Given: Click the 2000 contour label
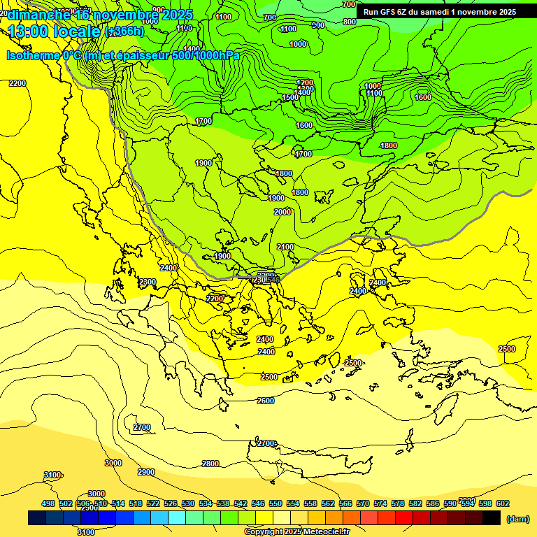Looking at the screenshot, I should [x=282, y=212].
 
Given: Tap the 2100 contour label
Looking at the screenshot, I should [x=285, y=247].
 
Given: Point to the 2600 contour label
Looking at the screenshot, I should [x=266, y=401].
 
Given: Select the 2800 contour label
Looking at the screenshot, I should [x=210, y=464].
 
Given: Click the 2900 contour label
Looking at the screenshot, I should [x=145, y=472].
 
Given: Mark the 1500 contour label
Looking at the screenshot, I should [x=290, y=97].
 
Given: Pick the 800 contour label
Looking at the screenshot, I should [x=350, y=22].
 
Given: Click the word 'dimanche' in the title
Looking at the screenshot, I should [x=36, y=15].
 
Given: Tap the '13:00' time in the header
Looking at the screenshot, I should [x=28, y=31].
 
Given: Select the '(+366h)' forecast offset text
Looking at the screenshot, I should [x=124, y=31].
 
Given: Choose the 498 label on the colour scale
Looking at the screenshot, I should [x=48, y=503].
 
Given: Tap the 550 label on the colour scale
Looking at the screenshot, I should [x=275, y=503].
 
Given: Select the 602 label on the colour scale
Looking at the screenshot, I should [x=503, y=503].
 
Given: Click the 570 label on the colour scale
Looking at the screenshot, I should [x=363, y=503].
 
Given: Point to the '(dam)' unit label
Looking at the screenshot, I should [x=517, y=518].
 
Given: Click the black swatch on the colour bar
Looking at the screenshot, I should [x=492, y=517].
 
